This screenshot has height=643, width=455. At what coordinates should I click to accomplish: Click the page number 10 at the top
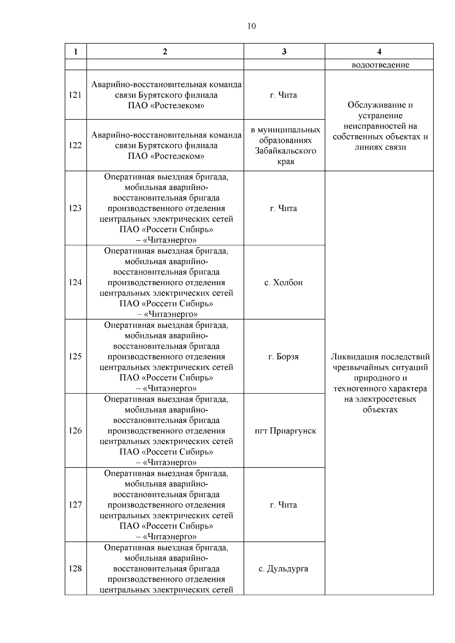point(251,26)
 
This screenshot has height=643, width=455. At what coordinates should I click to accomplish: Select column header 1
point(75,52)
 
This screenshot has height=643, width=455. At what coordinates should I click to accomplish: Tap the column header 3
point(284,52)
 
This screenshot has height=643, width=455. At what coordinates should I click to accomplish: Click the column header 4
point(379,52)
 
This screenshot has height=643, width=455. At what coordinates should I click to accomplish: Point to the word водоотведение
point(380,65)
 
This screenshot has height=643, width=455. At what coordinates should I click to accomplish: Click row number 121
point(75,95)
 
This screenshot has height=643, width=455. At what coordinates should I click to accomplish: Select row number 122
point(75,145)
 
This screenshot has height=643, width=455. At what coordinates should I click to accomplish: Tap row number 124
point(75,283)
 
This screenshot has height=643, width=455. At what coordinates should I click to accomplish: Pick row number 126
point(75,431)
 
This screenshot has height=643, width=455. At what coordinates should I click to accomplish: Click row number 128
point(75,569)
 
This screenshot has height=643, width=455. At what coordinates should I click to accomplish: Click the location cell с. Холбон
point(284,283)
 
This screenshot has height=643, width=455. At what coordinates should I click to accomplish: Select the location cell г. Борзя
point(284,357)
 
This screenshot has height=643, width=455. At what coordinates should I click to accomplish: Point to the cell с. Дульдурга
point(284,569)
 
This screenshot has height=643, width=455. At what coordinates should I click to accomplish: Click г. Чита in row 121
point(284,95)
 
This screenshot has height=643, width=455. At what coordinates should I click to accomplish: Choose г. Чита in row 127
point(284,505)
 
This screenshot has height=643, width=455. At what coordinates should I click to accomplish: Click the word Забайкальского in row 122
point(286,151)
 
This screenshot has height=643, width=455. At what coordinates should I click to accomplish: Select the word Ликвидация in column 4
point(355,357)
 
